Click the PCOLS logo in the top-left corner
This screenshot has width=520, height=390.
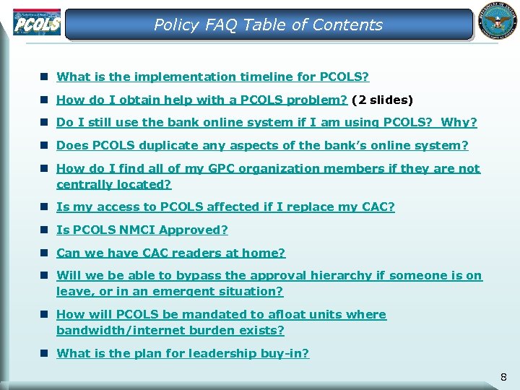click(x=36, y=22)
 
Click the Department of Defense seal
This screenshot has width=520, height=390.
click(x=497, y=21)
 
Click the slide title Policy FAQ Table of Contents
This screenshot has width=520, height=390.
click(x=268, y=25)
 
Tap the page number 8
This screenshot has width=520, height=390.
click(x=503, y=377)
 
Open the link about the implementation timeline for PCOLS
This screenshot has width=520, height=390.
click(x=212, y=76)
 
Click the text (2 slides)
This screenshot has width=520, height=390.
click(x=382, y=100)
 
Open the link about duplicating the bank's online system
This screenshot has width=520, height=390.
click(x=262, y=145)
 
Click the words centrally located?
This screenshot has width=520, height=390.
click(x=113, y=184)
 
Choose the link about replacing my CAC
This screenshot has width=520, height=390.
click(x=225, y=207)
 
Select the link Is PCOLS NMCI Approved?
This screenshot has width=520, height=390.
click(x=142, y=230)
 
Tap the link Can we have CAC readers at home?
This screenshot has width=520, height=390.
click(x=171, y=253)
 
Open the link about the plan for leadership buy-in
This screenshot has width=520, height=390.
click(x=183, y=353)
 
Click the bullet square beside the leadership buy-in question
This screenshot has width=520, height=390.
click(x=45, y=353)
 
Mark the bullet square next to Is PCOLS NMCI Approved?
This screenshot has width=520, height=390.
click(x=45, y=230)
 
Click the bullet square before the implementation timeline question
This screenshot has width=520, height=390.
click(x=45, y=76)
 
